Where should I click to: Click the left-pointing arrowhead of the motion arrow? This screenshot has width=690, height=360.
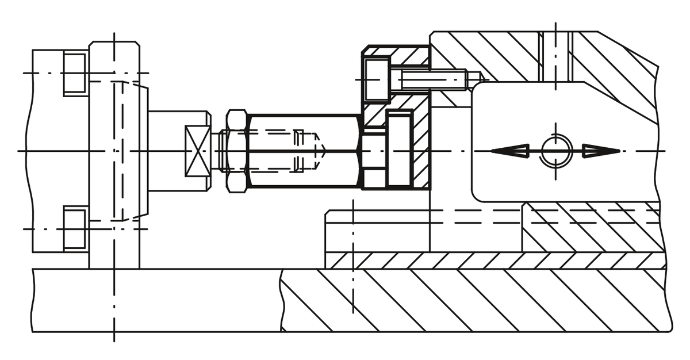511,151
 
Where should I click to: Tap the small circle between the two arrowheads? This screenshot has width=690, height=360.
555,151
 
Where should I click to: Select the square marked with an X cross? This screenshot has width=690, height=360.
197,151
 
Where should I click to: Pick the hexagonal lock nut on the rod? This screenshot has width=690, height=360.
237,151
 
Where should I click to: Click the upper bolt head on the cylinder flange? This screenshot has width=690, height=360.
75,73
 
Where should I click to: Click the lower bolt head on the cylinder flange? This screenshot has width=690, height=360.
75,228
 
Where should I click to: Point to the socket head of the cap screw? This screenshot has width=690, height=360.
377,79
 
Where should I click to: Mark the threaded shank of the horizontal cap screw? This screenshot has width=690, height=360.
431,79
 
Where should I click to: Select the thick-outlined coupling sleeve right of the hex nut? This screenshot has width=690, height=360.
305,151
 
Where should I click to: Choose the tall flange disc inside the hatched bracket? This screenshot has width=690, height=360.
400,150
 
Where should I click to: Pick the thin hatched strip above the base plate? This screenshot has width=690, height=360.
494,260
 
